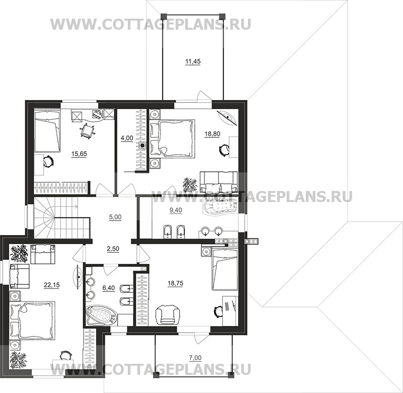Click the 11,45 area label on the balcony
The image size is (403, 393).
point(193,62)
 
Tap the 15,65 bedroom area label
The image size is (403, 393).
point(79,154)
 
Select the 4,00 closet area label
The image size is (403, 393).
point(127,138)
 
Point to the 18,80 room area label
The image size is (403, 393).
point(213,134)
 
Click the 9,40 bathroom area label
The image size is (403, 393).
point(176,210)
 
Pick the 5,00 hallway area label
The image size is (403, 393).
point(115,217)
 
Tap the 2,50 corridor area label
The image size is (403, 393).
point(113,249)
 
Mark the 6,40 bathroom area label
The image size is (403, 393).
point(109,288)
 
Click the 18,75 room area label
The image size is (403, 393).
point(175,283)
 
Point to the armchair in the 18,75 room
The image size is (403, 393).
point(168,314)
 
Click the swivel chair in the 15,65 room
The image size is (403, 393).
point(88,131)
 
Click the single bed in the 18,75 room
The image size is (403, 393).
point(225,270)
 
